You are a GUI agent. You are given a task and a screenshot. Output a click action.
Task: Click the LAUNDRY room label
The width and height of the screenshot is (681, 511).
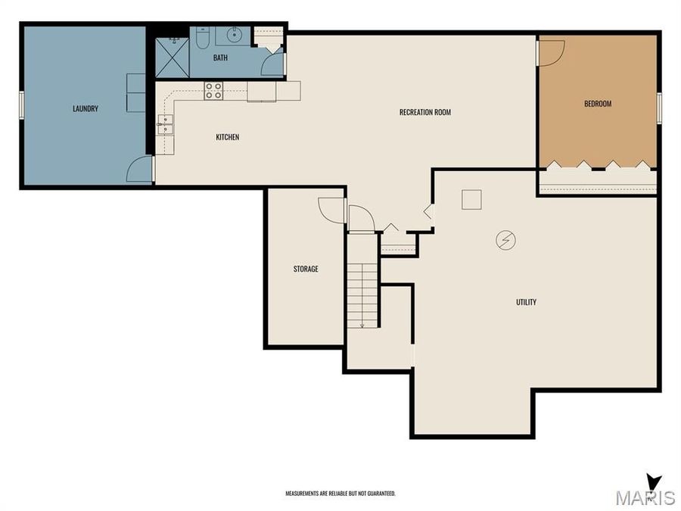(86, 109)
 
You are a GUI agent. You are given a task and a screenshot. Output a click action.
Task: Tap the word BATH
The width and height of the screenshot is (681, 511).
(220, 58)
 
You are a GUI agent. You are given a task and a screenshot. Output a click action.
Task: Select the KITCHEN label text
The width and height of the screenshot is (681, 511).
(227, 137)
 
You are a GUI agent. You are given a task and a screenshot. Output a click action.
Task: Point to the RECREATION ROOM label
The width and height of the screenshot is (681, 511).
(424, 113)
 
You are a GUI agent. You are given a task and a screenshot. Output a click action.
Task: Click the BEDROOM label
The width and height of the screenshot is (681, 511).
(597, 104)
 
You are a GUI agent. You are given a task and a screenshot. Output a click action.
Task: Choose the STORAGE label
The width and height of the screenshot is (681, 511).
(306, 269)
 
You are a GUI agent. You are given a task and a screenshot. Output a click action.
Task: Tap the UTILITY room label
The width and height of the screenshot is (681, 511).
(526, 302)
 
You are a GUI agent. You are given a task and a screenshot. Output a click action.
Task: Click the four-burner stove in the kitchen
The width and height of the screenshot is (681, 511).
(213, 91)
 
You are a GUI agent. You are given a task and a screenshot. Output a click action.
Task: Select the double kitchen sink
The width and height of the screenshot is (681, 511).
(165, 125)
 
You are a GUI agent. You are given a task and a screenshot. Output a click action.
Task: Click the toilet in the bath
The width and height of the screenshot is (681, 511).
(202, 38)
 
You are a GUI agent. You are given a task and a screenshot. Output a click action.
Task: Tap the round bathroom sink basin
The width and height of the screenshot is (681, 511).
(234, 34)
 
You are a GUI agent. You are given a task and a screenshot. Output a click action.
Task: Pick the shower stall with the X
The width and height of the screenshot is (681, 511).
(172, 58)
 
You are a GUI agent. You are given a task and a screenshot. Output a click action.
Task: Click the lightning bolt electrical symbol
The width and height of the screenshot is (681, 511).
(505, 240)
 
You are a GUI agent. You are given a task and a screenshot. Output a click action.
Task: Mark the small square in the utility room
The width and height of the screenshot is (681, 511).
(471, 199)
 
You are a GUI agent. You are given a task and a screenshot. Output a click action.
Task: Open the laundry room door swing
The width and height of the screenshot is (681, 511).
(141, 170)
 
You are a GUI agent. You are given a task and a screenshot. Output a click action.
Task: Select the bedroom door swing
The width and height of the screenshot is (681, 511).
(550, 51)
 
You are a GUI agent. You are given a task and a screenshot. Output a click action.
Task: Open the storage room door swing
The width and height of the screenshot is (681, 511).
(332, 210)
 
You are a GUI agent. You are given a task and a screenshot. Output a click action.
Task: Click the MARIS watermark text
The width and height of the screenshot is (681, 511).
(645, 497)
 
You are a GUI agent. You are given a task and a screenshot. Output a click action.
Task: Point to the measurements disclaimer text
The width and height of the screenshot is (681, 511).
(340, 493)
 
